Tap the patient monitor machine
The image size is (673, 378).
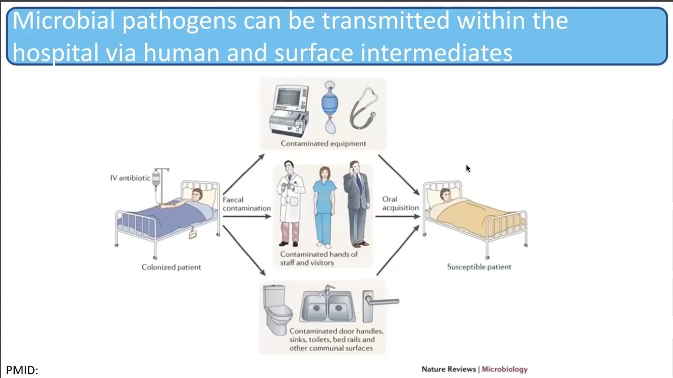(289, 111)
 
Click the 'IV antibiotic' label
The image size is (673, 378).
(130, 178)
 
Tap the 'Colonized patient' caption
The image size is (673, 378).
(171, 267)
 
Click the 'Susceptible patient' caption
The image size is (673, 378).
(479, 267)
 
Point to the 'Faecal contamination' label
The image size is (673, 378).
(246, 204)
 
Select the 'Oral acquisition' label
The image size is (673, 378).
(400, 203)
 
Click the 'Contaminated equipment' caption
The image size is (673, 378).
(323, 143)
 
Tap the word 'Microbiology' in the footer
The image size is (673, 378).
(505, 369)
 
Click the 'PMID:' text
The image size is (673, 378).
(22, 370)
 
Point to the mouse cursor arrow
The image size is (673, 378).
(468, 168)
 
